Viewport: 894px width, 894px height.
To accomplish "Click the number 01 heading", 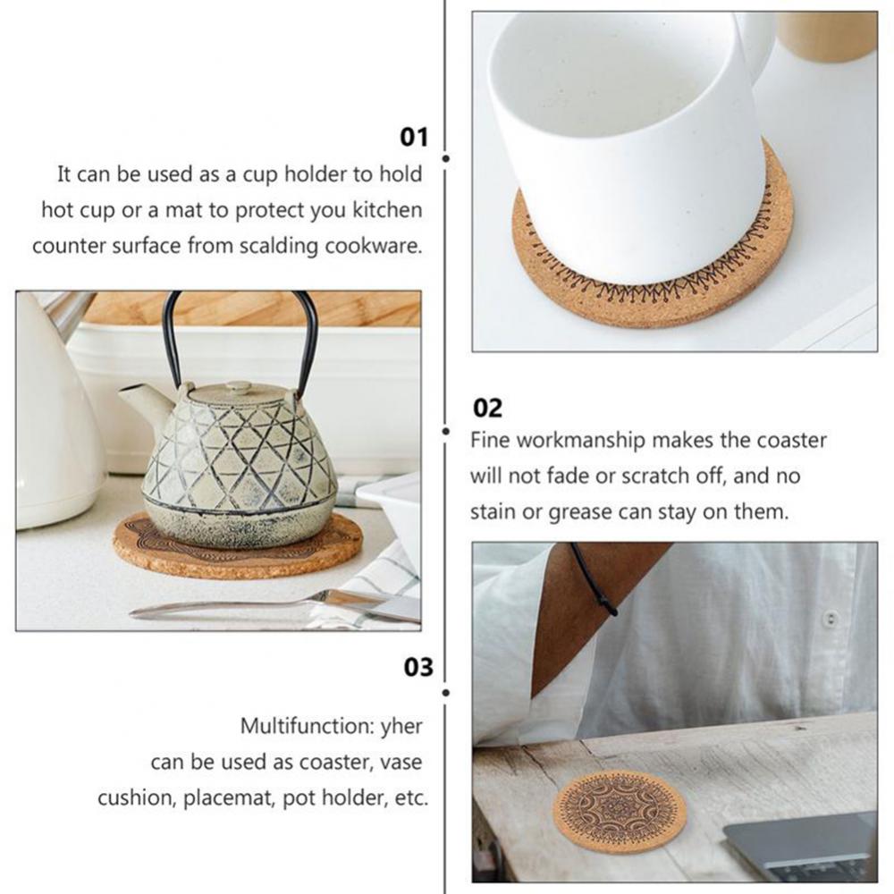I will click(x=414, y=137).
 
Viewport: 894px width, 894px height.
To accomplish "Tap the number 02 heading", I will click(x=487, y=409).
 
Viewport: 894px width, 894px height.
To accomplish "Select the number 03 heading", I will click(x=417, y=667).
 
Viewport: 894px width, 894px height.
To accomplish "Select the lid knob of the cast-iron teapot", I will click(x=238, y=387).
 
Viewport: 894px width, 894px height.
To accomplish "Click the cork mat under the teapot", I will click(x=237, y=550).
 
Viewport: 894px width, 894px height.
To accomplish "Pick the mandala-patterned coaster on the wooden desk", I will click(x=619, y=810).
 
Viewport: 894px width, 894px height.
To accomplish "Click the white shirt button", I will click(x=831, y=618).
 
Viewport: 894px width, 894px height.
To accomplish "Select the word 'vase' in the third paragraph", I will click(x=401, y=762).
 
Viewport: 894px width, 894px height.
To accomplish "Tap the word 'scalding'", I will click(x=276, y=246).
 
